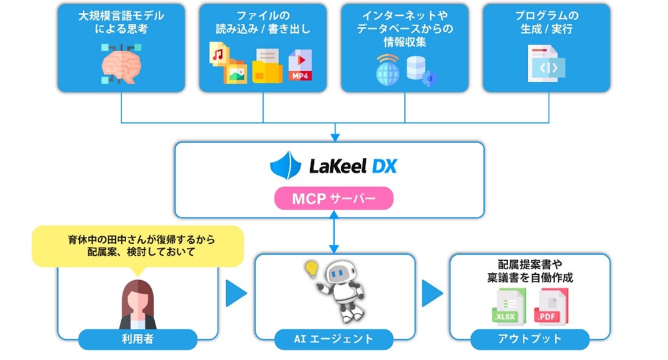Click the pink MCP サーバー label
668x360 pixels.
(333, 199)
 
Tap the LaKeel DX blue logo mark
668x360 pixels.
(286, 165)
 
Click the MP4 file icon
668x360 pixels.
(300, 65)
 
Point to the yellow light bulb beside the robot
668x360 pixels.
(312, 268)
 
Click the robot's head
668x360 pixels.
(340, 275)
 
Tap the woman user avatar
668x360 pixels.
(138, 304)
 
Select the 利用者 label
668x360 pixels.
(138, 339)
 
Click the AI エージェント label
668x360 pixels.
(334, 339)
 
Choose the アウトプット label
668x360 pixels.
(530, 339)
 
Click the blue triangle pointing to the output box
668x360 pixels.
(432, 294)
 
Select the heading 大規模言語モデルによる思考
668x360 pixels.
(121, 21)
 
